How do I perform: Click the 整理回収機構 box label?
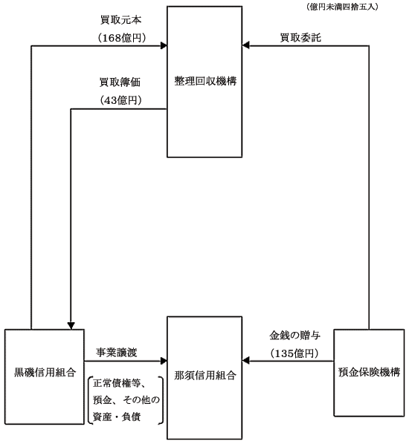click(205, 82)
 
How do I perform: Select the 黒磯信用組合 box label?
click(45, 373)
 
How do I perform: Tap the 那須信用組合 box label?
click(205, 376)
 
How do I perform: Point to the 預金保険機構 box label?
click(369, 372)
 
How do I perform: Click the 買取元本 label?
click(120, 20)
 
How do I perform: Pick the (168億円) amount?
click(122, 38)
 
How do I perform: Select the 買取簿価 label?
click(120, 82)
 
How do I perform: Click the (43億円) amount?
click(120, 100)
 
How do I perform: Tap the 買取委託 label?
click(300, 38)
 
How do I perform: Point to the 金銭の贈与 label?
click(294, 336)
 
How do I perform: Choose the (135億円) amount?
click(294, 353)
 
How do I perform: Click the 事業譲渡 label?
click(116, 353)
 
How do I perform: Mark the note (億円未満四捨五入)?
click(342, 7)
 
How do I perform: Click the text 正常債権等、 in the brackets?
click(120, 383)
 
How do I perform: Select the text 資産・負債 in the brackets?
click(117, 417)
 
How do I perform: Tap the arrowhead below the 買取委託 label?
click(245, 45)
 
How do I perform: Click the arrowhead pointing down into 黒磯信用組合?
click(71, 326)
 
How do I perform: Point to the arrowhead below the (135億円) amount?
click(245, 360)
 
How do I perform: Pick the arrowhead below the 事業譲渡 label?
click(164, 361)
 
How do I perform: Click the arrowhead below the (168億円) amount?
click(164, 45)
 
